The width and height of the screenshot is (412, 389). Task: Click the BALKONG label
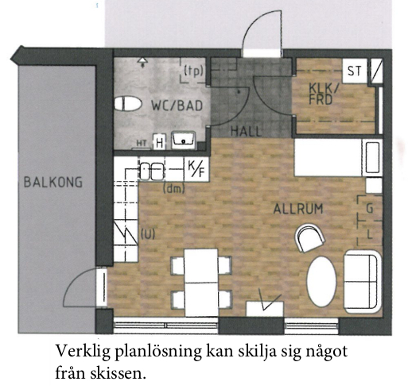pyautogui.click(x=53, y=183)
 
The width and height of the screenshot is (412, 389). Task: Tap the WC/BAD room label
pyautogui.click(x=177, y=106)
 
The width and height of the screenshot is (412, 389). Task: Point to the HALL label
pyautogui.click(x=247, y=131)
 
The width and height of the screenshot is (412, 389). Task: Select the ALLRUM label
pyautogui.click(x=298, y=209)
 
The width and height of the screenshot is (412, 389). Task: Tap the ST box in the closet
pyautogui.click(x=355, y=71)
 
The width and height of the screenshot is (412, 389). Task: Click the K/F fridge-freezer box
pyautogui.click(x=196, y=169)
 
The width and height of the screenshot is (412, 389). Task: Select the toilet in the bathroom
pyautogui.click(x=128, y=104)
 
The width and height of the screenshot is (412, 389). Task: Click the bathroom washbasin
pyautogui.click(x=183, y=140)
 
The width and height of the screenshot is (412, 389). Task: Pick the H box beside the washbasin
pyautogui.click(x=159, y=143)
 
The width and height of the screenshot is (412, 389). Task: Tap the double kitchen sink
pyautogui.click(x=152, y=171)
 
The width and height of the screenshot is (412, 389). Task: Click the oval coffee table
pyautogui.click(x=321, y=282)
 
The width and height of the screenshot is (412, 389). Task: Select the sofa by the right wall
pyautogui.click(x=363, y=282)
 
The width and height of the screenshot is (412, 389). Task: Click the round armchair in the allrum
pyautogui.click(x=310, y=237)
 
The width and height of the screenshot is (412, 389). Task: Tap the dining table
pyautogui.click(x=201, y=283)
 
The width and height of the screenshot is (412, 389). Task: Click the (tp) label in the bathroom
pyautogui.click(x=194, y=71)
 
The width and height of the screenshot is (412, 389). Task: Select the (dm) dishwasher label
pyautogui.click(x=174, y=189)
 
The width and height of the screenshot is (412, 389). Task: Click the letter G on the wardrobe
pyautogui.click(x=369, y=209)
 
